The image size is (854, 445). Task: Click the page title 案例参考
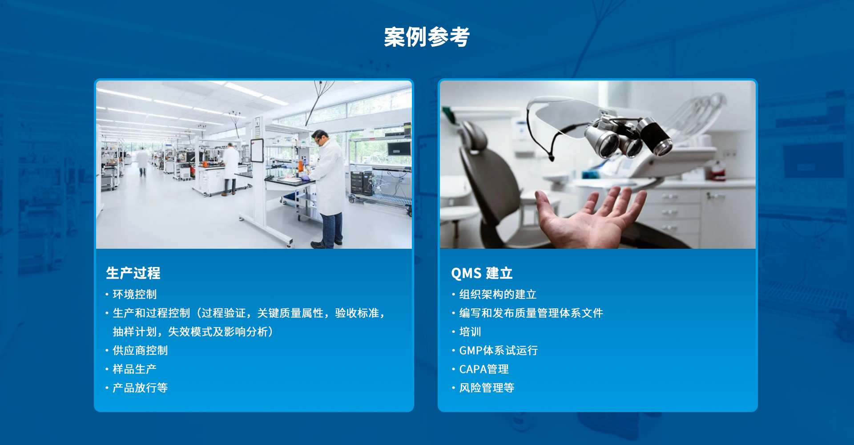click(x=427, y=37)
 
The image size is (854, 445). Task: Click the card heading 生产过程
click(x=133, y=273)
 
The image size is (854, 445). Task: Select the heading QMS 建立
click(x=482, y=273)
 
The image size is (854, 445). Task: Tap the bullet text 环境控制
click(x=135, y=294)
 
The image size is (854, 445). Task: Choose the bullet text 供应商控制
click(x=140, y=350)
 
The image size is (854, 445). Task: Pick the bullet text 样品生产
click(x=135, y=369)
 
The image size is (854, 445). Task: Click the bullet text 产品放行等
click(x=140, y=388)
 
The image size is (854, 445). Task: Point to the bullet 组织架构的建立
click(x=498, y=294)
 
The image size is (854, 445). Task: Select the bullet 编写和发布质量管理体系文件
click(x=531, y=313)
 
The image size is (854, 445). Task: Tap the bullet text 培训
click(x=470, y=332)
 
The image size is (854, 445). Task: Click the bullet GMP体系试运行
click(x=499, y=350)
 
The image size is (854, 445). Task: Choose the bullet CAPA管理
click(x=484, y=369)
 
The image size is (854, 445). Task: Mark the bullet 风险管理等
click(x=487, y=388)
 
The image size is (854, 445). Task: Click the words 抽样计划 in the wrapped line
click(x=135, y=332)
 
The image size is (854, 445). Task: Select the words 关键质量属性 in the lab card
click(x=290, y=313)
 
